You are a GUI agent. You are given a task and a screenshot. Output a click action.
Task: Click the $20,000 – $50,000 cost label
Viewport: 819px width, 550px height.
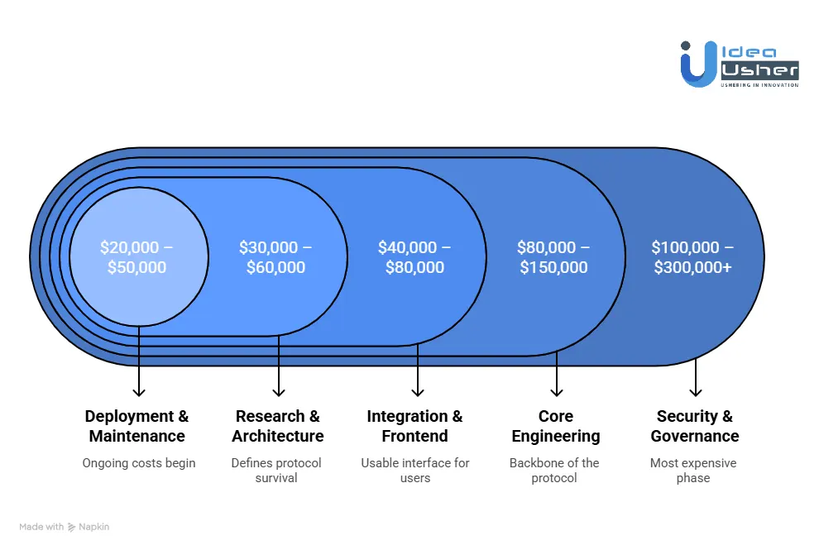click(x=137, y=257)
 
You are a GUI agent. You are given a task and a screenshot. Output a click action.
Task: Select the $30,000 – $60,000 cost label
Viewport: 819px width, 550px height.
click(x=276, y=257)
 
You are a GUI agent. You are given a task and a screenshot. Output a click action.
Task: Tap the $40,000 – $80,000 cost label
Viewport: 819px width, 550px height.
click(x=415, y=257)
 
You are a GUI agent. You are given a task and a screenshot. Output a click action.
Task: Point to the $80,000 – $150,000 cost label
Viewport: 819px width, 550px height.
click(x=554, y=257)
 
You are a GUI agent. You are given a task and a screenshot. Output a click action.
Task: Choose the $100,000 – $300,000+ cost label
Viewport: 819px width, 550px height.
click(x=693, y=257)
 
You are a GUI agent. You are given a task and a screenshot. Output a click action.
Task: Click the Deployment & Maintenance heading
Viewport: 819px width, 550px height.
click(x=137, y=426)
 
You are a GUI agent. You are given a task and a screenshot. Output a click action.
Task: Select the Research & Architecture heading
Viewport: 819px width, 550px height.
click(x=278, y=426)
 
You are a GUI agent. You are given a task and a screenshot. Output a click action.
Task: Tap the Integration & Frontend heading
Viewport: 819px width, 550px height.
click(x=415, y=426)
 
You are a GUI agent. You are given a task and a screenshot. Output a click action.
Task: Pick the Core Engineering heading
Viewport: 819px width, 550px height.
click(x=556, y=426)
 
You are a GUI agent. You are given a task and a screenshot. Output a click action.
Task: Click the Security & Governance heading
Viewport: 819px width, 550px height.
click(x=695, y=426)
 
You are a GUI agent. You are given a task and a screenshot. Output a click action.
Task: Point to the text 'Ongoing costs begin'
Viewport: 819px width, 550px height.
click(x=139, y=463)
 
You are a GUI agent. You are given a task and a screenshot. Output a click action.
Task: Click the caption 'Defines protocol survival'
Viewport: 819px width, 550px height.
click(x=276, y=470)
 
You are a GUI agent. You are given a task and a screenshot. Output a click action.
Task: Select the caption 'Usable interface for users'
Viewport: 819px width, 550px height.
click(x=415, y=470)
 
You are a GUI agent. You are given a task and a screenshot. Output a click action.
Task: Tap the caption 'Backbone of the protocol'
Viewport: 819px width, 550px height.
click(x=554, y=470)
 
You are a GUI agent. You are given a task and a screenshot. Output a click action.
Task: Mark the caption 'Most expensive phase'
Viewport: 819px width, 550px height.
click(x=693, y=470)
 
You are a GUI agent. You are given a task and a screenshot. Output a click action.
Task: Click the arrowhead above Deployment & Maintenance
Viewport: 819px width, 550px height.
click(x=139, y=391)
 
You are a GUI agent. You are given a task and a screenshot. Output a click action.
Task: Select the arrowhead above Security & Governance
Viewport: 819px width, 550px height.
click(x=696, y=391)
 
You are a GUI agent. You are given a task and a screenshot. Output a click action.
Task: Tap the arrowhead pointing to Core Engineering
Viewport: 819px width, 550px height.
click(x=557, y=391)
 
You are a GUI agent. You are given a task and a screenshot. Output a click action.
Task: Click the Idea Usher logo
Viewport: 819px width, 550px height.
click(x=740, y=64)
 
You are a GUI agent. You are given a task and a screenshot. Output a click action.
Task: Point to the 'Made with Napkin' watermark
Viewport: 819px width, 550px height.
click(x=65, y=527)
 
